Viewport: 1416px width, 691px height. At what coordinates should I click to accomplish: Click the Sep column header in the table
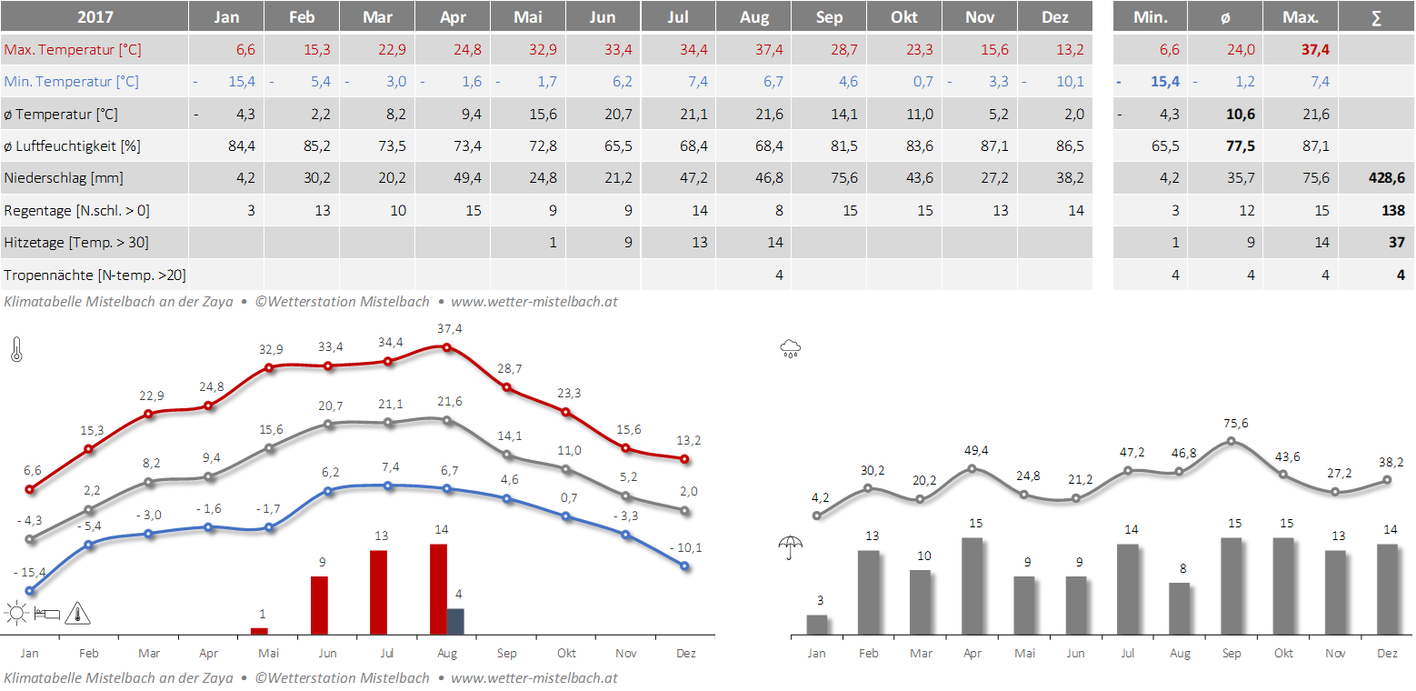829,17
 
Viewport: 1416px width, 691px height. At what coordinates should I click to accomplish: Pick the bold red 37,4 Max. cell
1315,50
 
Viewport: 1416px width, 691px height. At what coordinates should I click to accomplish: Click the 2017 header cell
95,17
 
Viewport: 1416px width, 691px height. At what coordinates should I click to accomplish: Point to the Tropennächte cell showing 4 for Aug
779,275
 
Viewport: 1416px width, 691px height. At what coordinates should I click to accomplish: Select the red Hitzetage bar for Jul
379,592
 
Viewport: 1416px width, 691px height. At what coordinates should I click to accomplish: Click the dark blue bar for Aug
455,621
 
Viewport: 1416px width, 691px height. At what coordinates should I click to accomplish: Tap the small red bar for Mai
259,631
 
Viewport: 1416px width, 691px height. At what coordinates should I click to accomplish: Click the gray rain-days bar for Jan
817,625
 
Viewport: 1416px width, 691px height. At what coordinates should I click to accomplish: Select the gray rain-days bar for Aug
1180,608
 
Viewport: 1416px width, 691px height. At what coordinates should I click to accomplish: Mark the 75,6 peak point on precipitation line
1232,441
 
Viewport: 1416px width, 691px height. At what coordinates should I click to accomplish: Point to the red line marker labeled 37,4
446,345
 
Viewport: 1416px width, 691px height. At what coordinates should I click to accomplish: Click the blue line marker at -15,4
30,591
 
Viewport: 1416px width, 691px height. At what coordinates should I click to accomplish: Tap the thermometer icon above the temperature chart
16,350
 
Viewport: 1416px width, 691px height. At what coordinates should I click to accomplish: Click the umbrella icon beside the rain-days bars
791,548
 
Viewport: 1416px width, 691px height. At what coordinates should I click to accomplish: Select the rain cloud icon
791,348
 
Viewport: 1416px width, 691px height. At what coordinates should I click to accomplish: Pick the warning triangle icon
78,614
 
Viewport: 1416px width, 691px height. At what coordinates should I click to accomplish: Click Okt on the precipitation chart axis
1283,653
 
